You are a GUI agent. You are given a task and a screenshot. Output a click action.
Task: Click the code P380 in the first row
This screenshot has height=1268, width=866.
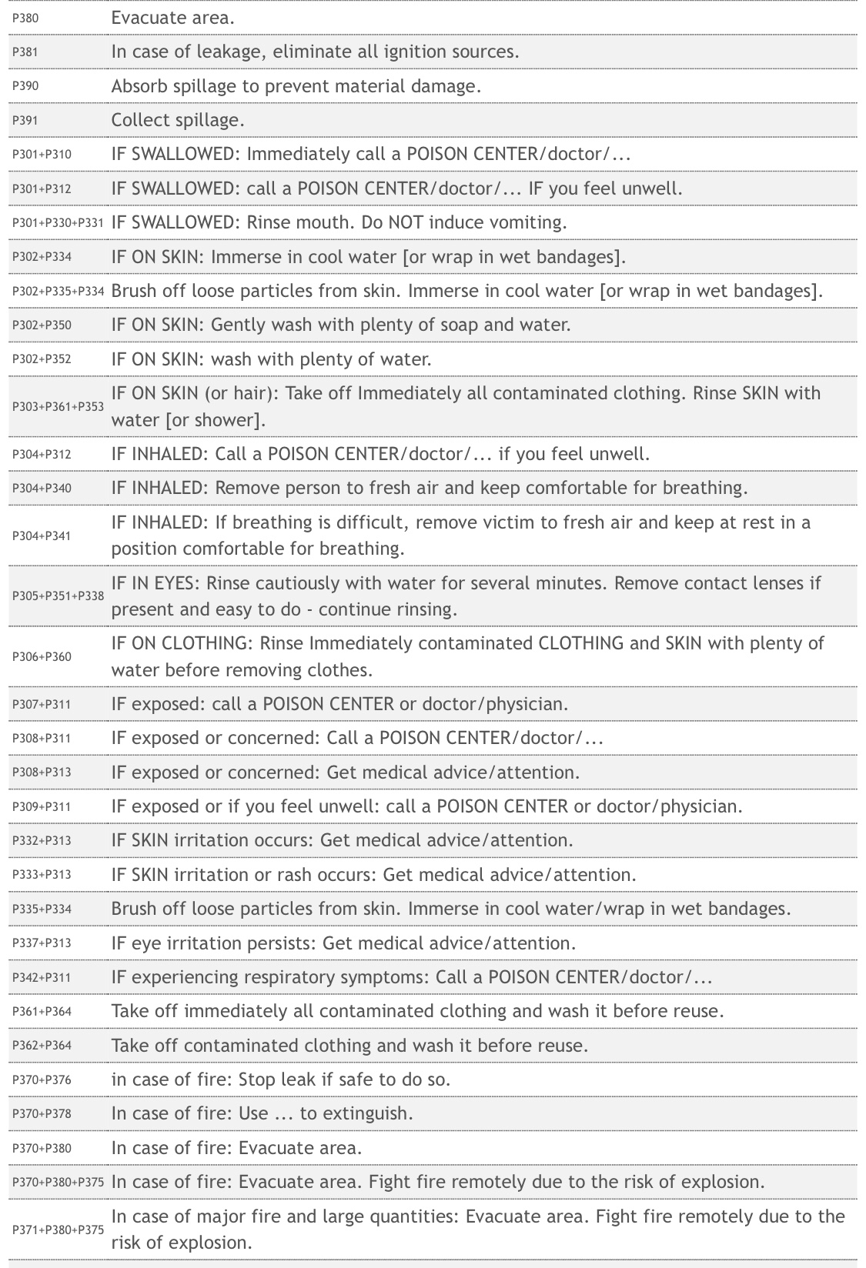click(x=25, y=18)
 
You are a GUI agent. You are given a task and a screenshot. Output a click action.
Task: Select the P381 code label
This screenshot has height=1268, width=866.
click(x=25, y=52)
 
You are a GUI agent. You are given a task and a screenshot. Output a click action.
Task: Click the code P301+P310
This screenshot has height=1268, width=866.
click(x=42, y=155)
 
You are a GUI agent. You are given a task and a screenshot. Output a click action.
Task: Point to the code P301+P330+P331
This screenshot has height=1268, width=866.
click(x=58, y=223)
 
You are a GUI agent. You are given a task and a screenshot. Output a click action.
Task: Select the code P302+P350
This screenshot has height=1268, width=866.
click(x=42, y=325)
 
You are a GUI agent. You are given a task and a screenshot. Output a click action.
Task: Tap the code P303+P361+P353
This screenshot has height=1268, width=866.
click(x=58, y=407)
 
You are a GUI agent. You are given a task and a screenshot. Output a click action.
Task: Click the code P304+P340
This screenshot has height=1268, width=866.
click(x=42, y=489)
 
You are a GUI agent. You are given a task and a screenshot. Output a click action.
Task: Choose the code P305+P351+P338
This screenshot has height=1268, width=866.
click(x=58, y=596)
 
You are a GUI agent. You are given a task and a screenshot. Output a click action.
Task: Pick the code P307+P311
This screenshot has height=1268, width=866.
click(x=42, y=705)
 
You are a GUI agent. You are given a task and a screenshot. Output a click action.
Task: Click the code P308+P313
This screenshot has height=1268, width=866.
click(x=42, y=772)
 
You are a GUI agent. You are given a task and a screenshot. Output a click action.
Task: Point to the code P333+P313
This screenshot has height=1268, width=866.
click(x=42, y=875)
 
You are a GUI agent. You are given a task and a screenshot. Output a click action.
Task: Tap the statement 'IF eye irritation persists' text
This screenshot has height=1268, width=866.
click(x=213, y=943)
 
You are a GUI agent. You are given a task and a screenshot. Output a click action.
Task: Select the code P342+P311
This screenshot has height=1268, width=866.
click(x=42, y=978)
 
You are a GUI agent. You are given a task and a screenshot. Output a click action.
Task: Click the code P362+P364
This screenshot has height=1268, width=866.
click(x=42, y=1046)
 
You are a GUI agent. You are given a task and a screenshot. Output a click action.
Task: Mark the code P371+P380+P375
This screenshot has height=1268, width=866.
click(x=58, y=1230)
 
